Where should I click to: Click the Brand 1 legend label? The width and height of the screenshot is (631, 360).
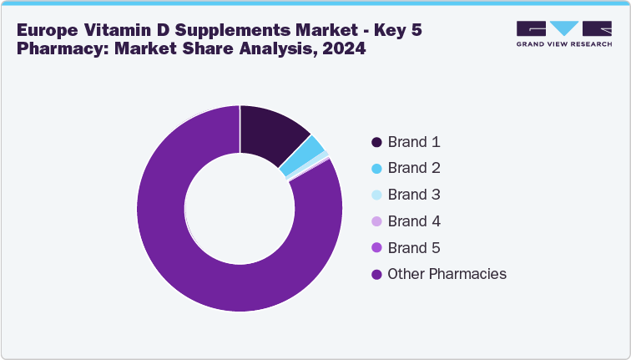click(414, 142)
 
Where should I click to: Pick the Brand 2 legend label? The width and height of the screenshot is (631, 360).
click(414, 168)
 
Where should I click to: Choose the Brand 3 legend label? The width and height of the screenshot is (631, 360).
click(414, 195)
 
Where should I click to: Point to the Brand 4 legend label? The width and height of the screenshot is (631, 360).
click(414, 221)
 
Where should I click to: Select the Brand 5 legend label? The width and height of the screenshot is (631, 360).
click(414, 248)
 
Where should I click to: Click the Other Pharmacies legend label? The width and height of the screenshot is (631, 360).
click(447, 274)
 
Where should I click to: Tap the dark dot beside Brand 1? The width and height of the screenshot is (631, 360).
click(376, 142)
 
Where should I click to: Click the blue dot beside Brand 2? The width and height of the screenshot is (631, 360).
click(376, 169)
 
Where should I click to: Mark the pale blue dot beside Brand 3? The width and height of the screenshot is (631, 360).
click(376, 195)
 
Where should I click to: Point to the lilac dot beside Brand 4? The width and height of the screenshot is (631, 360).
click(376, 222)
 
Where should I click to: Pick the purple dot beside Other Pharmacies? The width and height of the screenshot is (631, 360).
click(376, 275)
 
